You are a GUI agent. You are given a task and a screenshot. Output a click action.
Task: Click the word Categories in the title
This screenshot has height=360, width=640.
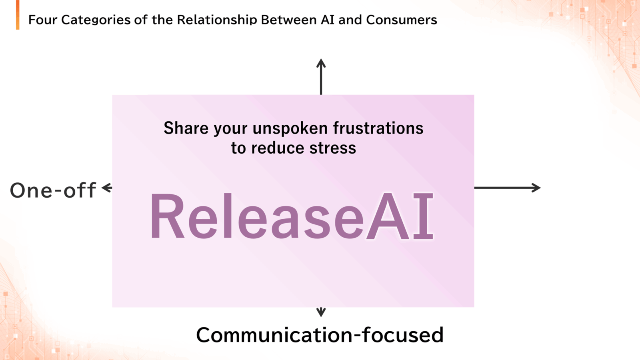coord(96,20)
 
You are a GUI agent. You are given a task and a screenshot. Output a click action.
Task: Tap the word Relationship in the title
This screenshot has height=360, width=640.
coord(217,20)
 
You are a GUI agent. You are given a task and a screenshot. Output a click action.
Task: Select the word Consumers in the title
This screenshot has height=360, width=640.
coord(402,20)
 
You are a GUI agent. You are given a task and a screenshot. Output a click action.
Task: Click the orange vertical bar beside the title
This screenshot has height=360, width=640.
coord(18,15)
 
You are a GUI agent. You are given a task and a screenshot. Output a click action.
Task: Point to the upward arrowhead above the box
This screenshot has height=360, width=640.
coord(321,63)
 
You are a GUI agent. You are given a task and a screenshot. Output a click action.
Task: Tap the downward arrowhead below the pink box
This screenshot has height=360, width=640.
coord(321,312)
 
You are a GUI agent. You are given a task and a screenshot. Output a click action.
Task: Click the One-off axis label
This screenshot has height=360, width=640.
coord(53,190)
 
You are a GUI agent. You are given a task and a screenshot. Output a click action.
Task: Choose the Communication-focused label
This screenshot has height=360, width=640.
coord(320,334)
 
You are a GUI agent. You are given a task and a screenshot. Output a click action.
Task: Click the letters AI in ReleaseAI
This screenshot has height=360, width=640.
coord(400,216)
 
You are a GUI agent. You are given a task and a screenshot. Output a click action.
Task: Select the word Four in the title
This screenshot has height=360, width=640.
coord(43,20)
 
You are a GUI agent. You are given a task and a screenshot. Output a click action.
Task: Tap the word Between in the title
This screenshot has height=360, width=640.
coord(289,20)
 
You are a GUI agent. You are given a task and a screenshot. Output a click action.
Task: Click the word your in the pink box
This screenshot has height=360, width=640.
coord(230,130)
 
